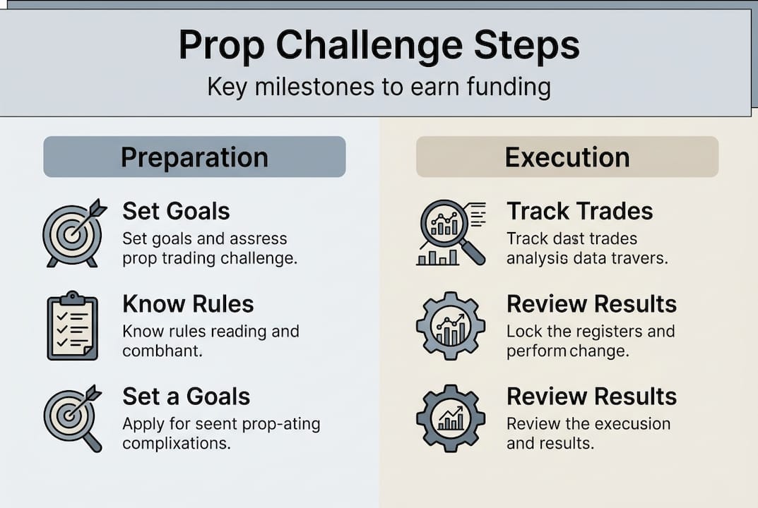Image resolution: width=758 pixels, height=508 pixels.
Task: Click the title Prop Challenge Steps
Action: tap(379, 45)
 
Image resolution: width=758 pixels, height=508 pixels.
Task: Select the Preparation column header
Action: tap(194, 157)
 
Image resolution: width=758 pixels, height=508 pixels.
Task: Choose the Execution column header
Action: tap(567, 157)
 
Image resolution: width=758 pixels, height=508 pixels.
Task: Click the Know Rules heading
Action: tap(188, 303)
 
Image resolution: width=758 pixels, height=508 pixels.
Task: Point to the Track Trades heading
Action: tap(579, 211)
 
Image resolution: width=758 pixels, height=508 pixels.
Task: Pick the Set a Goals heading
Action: tap(186, 397)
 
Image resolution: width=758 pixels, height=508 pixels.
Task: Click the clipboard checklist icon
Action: tap(73, 325)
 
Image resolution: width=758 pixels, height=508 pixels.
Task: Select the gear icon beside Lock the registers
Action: tap(451, 325)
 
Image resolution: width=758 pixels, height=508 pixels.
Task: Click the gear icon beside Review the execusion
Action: tap(451, 418)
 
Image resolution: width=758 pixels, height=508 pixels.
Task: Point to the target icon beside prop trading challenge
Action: tap(74, 233)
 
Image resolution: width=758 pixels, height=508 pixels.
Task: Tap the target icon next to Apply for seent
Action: tap(73, 418)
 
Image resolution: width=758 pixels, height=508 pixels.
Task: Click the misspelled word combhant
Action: tap(162, 351)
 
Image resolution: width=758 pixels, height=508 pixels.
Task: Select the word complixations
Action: tap(177, 444)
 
